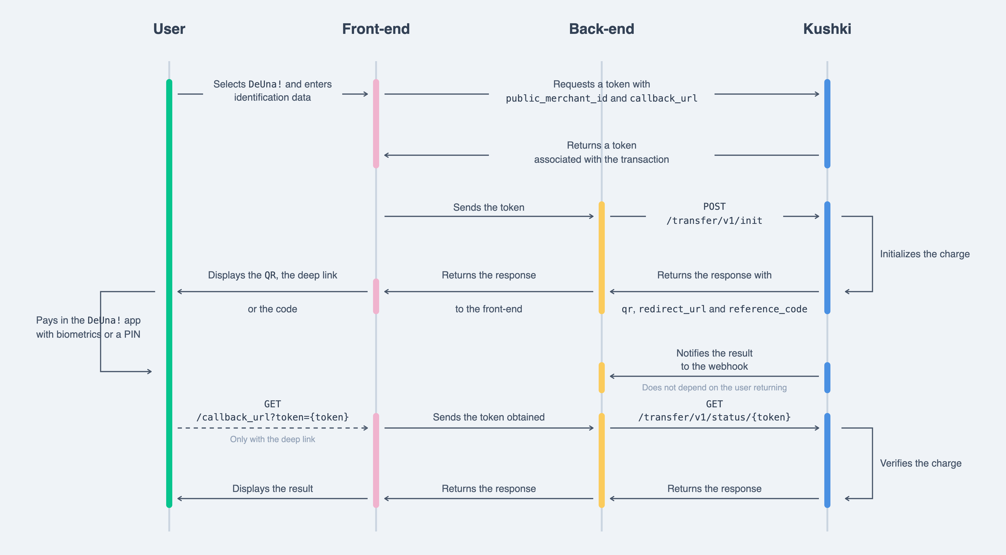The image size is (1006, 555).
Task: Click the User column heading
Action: point(169,29)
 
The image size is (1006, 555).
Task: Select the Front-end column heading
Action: point(376,29)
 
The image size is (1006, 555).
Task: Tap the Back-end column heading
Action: point(601,29)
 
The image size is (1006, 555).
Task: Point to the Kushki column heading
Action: point(827,29)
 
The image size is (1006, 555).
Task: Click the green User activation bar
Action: point(169,293)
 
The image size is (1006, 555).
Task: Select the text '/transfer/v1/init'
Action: point(714,221)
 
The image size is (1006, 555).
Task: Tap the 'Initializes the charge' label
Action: point(925,254)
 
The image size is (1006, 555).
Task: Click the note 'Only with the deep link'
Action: point(273,439)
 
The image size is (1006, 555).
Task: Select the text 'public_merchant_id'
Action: point(557,99)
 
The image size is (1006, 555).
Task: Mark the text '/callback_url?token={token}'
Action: point(273,417)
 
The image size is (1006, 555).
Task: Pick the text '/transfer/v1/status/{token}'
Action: point(714,417)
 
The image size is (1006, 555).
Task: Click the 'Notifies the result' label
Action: point(714,353)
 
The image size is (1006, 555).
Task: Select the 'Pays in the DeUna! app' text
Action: point(88,321)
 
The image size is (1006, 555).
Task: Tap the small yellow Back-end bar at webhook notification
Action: point(601,377)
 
